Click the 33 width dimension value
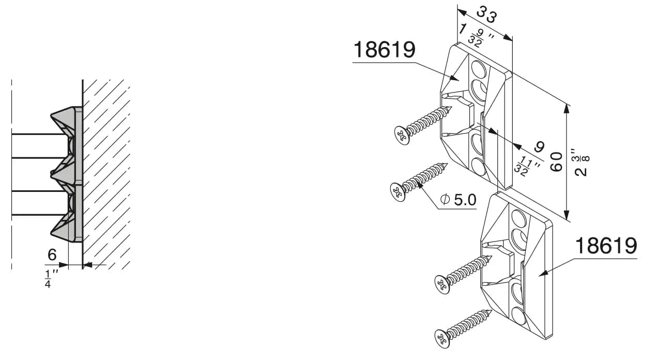(486, 14)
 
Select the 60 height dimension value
(556, 162)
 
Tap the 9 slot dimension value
(539, 147)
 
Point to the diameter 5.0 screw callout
(458, 200)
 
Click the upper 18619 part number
(385, 50)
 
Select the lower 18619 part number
(606, 246)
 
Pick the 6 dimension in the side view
(52, 254)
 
